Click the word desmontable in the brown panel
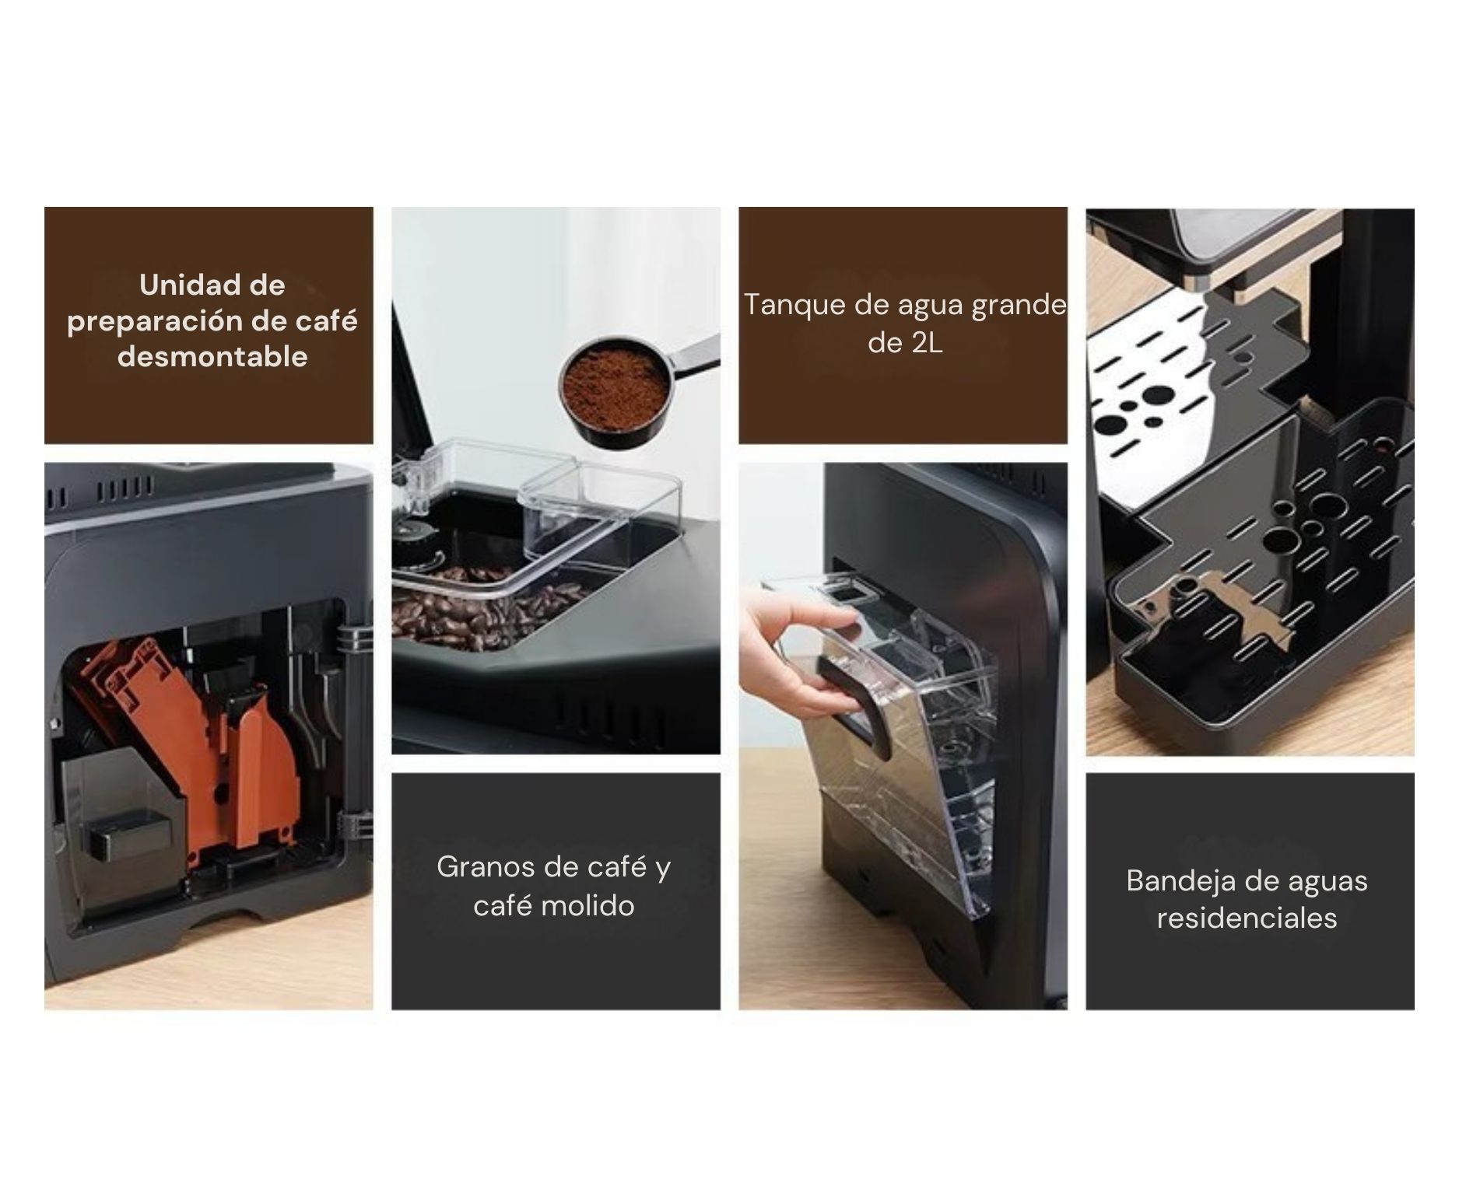[x=212, y=357]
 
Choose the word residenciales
[x=1247, y=918]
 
